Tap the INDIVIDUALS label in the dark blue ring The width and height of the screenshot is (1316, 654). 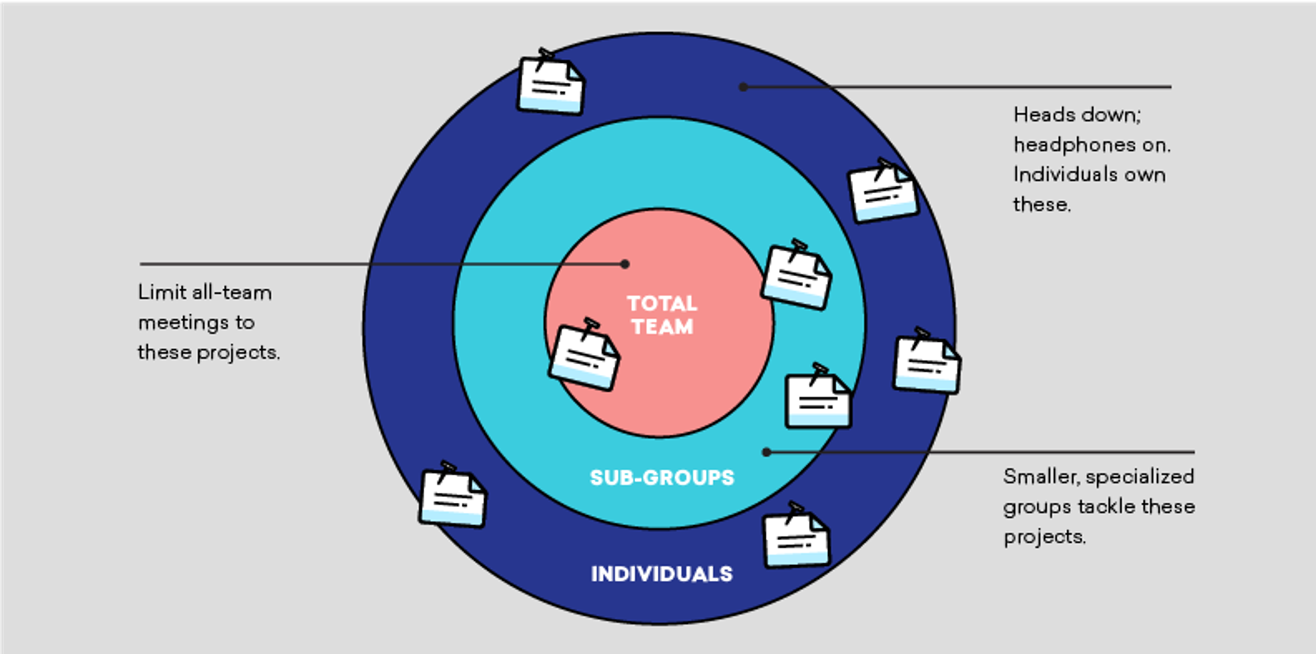point(662,574)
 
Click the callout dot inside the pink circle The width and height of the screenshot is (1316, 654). point(625,264)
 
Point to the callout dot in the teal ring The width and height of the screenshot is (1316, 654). point(766,452)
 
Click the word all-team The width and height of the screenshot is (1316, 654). point(231,292)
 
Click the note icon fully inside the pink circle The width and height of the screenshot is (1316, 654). point(584,355)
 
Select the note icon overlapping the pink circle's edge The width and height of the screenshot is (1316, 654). point(796,275)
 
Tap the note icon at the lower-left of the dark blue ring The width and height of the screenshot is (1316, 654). point(452,495)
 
